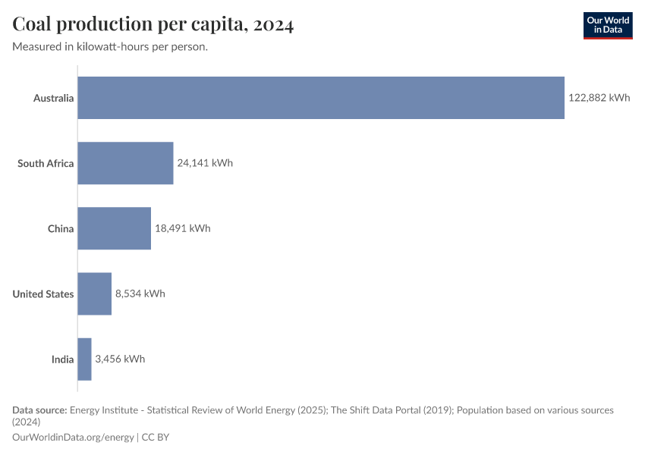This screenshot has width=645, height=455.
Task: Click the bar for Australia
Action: (321, 98)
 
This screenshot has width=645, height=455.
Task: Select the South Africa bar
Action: (125, 163)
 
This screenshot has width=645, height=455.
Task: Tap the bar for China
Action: (114, 228)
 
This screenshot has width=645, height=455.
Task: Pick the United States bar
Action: (94, 293)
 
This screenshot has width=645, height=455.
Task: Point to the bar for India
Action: (84, 359)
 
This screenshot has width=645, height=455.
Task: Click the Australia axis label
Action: (53, 98)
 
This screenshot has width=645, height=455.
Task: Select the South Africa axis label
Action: (46, 163)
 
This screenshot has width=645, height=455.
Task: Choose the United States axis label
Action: (43, 293)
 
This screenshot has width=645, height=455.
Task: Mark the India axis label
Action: (62, 359)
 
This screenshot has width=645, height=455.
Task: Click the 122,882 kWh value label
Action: (599, 98)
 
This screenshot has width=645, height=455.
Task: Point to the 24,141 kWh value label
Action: (205, 163)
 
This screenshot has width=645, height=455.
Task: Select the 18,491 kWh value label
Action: (182, 228)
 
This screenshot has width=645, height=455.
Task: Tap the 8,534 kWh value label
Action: (140, 293)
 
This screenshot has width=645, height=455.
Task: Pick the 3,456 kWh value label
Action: (120, 359)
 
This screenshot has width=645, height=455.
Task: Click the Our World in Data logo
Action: (607, 25)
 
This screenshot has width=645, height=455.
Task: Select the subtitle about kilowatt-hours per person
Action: (111, 47)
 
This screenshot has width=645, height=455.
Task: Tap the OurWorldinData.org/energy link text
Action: (73, 437)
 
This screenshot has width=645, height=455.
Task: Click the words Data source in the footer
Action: (39, 409)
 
